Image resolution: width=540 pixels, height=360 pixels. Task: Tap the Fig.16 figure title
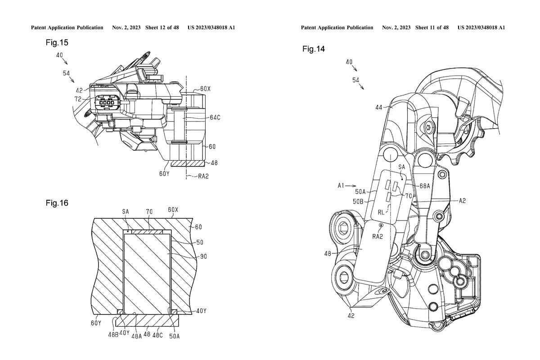[x=57, y=203]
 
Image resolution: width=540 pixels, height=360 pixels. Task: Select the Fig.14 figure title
[x=314, y=49]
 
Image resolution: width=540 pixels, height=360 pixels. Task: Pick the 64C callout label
[x=215, y=117]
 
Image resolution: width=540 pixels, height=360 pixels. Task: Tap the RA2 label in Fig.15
[x=204, y=177]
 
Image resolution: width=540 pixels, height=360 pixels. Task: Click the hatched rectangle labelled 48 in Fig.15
[x=187, y=163]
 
